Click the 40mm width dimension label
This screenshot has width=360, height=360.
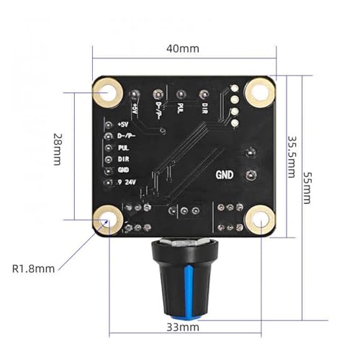point(183,49)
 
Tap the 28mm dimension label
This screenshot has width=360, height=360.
point(58,149)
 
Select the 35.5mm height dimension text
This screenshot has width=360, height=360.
point(292,157)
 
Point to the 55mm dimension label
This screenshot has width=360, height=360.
point(307,187)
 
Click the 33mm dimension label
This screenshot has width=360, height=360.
point(183,327)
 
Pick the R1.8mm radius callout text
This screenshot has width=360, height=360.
point(33,269)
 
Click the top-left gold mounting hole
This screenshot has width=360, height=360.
point(108,93)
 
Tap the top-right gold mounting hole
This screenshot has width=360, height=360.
point(259,92)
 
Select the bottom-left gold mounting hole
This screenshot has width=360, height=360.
point(108,220)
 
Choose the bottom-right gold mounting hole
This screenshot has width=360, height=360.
point(260,220)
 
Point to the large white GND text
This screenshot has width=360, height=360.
point(225,175)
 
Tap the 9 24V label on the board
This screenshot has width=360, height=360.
point(127,182)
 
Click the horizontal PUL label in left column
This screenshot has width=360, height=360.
point(123,148)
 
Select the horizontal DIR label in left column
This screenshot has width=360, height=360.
point(124,159)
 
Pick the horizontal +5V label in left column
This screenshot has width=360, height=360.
point(123,125)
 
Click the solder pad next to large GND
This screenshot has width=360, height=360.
point(251,175)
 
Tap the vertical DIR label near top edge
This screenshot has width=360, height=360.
point(204,108)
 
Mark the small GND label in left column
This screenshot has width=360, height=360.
point(123,170)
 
